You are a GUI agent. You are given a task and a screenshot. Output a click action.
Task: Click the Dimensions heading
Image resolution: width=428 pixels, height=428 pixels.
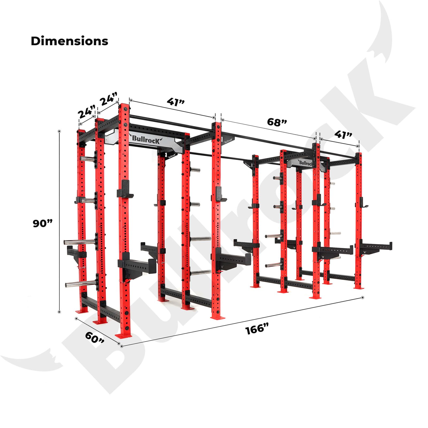coord(70,41)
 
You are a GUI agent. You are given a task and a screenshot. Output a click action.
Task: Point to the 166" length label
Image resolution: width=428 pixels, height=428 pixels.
coord(257,328)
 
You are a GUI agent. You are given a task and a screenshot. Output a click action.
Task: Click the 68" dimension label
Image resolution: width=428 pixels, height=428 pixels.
coord(277,122)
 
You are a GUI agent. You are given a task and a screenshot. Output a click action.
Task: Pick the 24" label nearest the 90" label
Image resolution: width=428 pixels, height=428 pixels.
coord(87,112)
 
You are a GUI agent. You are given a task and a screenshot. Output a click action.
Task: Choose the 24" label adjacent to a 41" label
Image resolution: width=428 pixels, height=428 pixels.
coord(109,99)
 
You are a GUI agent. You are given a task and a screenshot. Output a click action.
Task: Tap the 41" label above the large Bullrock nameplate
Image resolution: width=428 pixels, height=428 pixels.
coord(176,102)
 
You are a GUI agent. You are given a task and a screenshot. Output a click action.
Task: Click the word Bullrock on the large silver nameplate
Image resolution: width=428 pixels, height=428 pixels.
coord(146,139)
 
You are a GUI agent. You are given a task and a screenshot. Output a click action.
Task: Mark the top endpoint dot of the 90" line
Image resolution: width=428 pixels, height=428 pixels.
coord(59,131)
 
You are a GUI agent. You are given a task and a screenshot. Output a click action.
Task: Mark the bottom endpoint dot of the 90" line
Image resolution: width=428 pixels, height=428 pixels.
coord(59,312)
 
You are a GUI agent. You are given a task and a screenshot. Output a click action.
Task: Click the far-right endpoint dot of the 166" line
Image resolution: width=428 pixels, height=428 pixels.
coord(362,298)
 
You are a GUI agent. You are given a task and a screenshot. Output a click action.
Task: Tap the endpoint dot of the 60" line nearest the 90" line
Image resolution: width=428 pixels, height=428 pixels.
coord(76,319)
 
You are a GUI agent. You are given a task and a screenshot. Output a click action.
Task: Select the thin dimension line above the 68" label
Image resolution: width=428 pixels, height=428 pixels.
coord(269,129)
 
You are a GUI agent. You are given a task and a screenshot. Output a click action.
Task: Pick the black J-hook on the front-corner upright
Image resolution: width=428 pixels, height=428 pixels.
coord(125,189)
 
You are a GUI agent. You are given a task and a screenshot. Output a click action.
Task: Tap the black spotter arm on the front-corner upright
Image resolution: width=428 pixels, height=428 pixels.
coord(137,266)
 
